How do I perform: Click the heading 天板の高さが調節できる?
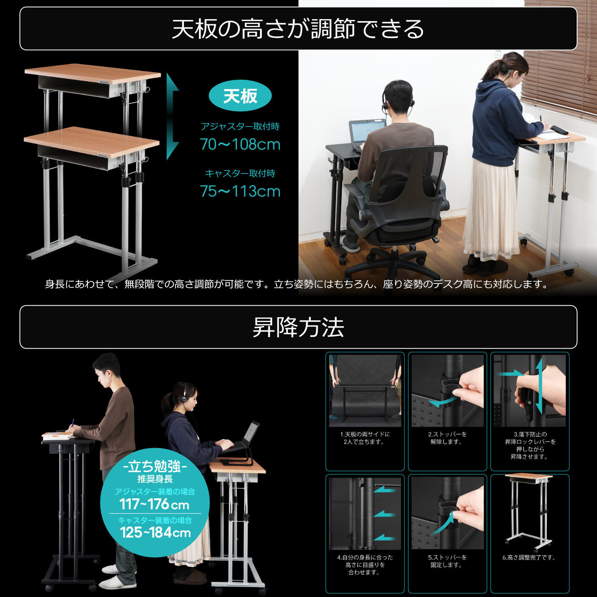click(298, 29)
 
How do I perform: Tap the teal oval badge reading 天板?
click(240, 96)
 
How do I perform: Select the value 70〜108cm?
click(240, 144)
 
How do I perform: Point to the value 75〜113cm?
click(240, 191)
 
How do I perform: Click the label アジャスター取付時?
click(240, 127)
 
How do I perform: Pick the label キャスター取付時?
click(240, 174)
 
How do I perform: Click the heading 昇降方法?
click(298, 327)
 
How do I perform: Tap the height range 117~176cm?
click(154, 504)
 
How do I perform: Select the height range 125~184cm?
click(155, 532)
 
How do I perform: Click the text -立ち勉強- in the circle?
click(155, 466)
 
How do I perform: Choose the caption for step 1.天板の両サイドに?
click(365, 438)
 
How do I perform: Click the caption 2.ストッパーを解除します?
click(447, 438)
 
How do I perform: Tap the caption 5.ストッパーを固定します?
click(447, 561)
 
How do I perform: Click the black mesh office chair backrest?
click(414, 175)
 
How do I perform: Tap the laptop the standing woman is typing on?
click(245, 438)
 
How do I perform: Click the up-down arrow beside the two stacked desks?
click(172, 116)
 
